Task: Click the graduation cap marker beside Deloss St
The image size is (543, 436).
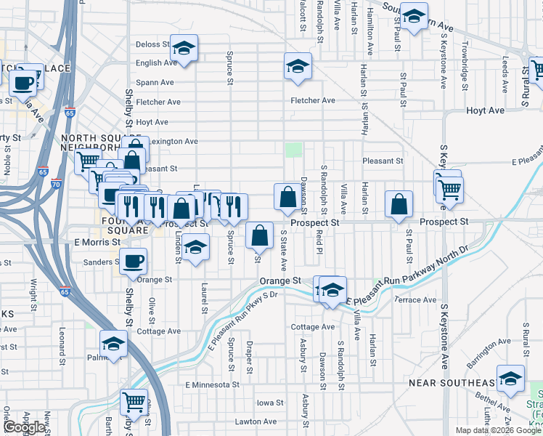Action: [184, 48]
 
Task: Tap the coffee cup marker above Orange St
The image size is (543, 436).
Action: [134, 261]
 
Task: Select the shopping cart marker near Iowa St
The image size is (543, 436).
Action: [134, 400]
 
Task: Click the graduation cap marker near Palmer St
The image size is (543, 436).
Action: [114, 344]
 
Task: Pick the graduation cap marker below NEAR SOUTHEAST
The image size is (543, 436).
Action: [511, 378]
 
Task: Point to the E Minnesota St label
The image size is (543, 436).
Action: [211, 384]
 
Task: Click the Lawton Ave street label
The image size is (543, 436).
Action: [255, 421]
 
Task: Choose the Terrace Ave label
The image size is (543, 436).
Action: [415, 299]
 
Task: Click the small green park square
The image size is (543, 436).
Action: [293, 150]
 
